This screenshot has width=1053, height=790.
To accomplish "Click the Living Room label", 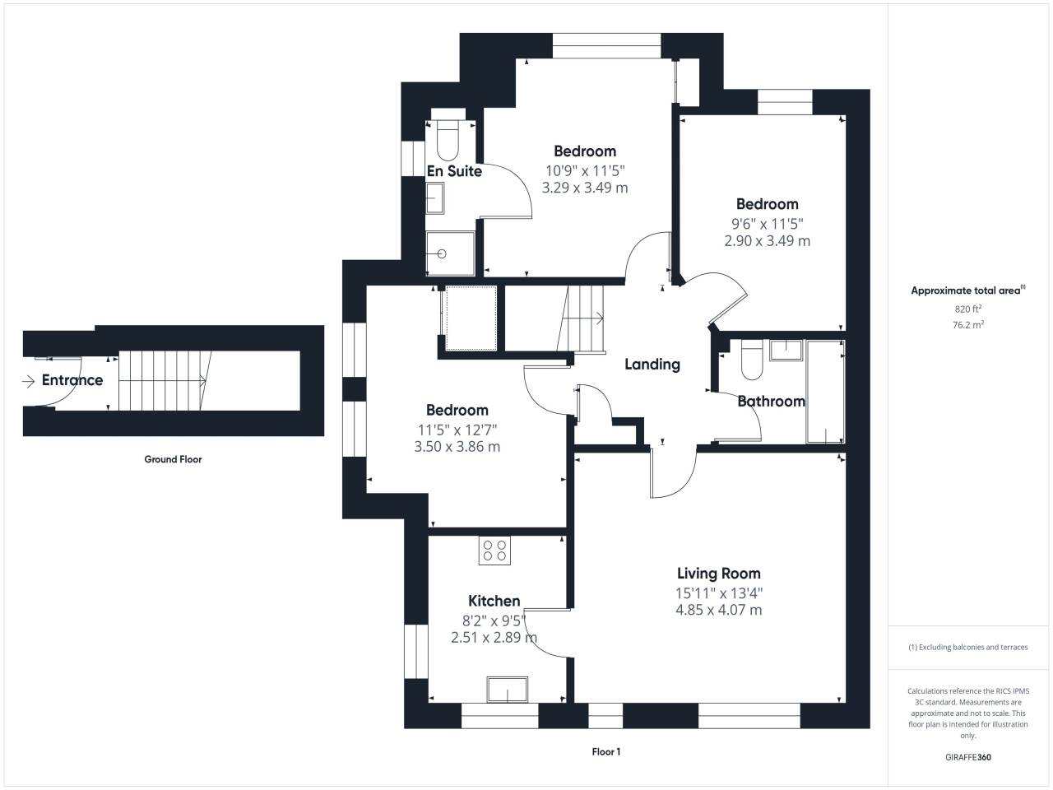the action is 719,574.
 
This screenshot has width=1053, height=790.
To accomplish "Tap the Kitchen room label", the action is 494,601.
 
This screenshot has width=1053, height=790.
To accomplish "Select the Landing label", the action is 652,365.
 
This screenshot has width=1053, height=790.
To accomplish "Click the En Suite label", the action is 454,171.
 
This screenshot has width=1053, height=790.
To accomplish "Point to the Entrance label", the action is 72,380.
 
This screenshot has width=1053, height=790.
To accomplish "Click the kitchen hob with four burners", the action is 494,550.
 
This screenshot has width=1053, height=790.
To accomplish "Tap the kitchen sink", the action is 508,690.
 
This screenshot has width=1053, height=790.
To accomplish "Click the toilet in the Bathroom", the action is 752,360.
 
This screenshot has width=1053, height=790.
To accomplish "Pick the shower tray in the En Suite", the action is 451,253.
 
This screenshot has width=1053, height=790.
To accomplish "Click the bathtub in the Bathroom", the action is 825,392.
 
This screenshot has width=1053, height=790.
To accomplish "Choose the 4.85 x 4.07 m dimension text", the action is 719,610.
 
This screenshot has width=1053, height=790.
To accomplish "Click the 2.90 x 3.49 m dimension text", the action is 767,241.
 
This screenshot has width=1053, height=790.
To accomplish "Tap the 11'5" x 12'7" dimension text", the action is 457,430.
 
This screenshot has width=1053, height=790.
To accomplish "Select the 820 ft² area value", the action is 968,309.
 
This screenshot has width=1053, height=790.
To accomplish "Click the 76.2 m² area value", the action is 968,325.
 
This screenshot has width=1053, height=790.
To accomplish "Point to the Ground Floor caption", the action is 174,459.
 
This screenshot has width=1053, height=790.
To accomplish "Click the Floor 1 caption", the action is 606,751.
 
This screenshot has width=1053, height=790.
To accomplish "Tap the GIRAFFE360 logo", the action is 968,757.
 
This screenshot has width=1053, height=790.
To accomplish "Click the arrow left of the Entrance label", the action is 28,381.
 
